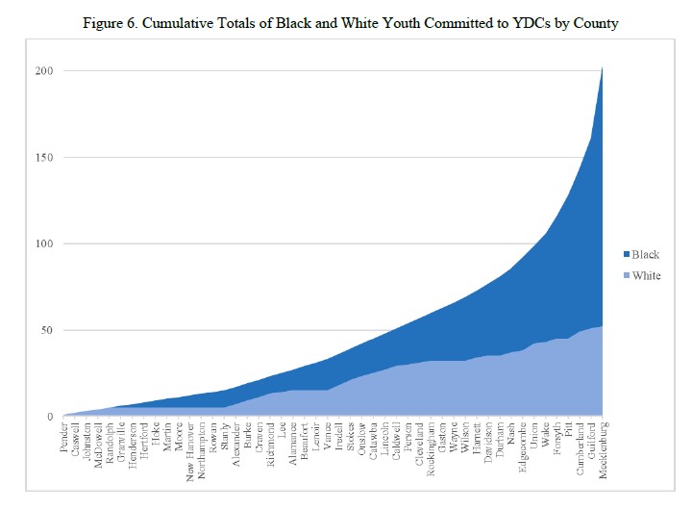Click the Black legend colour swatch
click(x=625, y=255)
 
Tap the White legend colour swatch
click(x=625, y=275)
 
